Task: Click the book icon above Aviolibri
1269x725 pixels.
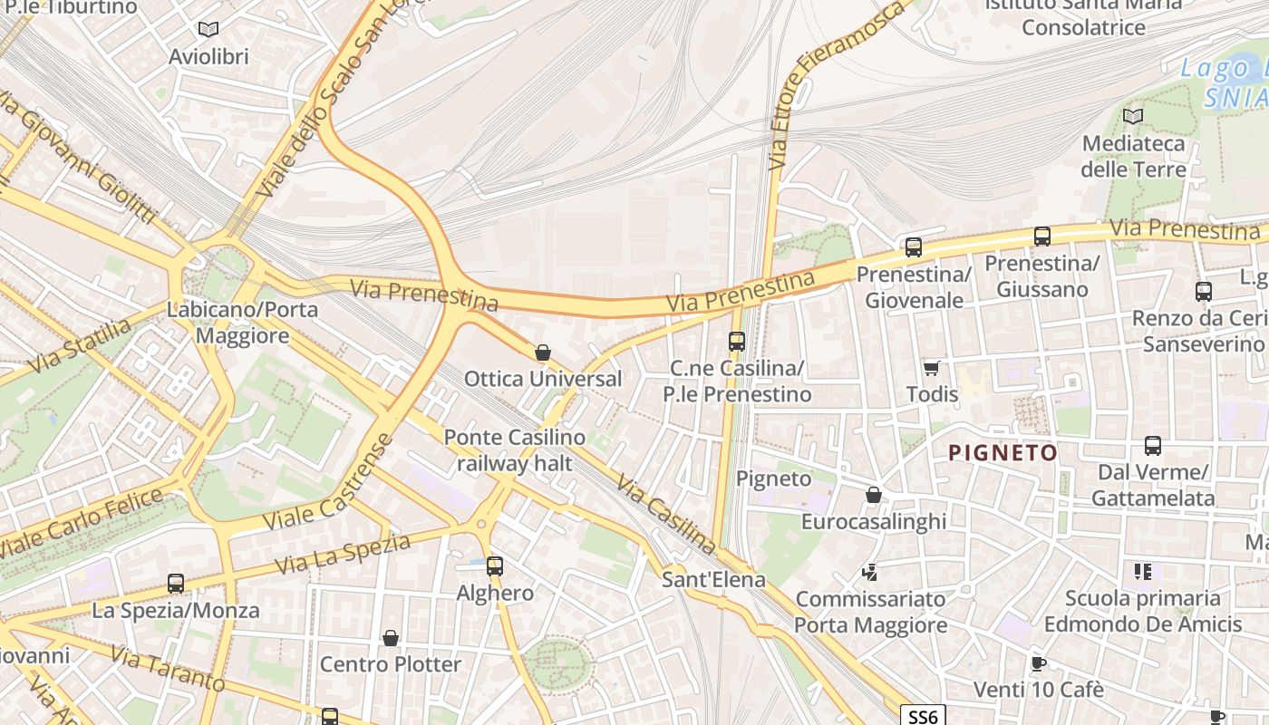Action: point(208,29)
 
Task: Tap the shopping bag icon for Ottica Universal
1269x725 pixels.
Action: point(543,352)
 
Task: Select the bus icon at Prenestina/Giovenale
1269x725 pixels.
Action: point(913,246)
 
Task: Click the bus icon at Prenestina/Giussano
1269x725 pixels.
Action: point(1041,237)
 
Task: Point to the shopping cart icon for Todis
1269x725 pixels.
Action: point(931,368)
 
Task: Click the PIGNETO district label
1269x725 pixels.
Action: point(1003,453)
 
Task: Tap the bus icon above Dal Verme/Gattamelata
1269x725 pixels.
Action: point(1152,446)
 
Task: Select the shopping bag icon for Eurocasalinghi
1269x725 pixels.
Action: point(873,495)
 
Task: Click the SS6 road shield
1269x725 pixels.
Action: point(923,716)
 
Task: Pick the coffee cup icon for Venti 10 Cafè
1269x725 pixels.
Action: point(1038,663)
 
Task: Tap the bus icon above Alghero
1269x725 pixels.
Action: point(494,566)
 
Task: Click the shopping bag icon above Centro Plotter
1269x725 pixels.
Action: point(391,638)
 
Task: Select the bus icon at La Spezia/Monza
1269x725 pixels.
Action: point(176,584)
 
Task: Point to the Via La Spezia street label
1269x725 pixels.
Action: point(343,554)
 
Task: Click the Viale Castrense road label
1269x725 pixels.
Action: point(328,484)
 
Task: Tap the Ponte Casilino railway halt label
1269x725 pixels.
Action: point(514,450)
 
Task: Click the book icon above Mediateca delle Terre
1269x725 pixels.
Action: point(1132,116)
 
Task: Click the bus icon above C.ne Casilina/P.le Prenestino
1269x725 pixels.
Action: point(736,342)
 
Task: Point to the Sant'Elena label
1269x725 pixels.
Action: point(713,579)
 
